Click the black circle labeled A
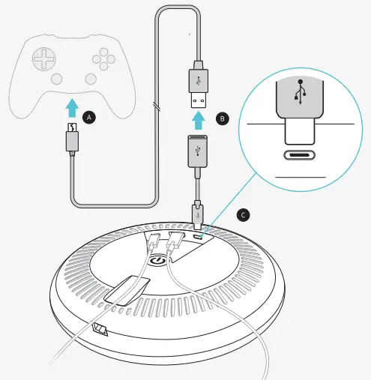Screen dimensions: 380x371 (x=90, y=118)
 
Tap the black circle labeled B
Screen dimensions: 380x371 (x=222, y=118)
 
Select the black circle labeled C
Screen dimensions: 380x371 (x=242, y=214)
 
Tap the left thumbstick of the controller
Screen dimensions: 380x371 (x=55, y=78)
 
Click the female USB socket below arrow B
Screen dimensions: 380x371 (x=197, y=149)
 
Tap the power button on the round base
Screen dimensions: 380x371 (x=157, y=262)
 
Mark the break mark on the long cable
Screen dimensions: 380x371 (x=157, y=104)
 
